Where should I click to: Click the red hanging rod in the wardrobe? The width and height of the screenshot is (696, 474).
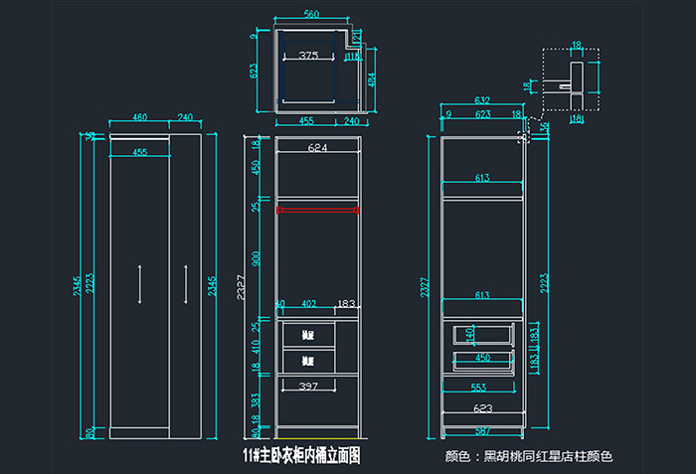(317, 210)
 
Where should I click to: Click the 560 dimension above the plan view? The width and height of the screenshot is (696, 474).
(311, 14)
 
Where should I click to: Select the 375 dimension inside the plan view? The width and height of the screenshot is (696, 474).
(308, 57)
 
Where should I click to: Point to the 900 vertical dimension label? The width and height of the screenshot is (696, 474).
(256, 258)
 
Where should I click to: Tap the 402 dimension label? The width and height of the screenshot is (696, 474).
(308, 304)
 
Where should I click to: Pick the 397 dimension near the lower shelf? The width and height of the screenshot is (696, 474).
(307, 385)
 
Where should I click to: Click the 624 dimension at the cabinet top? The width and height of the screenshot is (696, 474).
(317, 148)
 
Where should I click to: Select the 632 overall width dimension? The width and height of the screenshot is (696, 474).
(481, 100)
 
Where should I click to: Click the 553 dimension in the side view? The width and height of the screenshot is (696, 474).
(478, 387)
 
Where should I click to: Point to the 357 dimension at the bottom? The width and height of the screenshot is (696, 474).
(482, 430)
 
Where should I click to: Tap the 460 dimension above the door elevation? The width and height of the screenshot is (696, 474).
(139, 117)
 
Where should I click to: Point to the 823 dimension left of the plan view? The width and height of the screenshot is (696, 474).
(254, 71)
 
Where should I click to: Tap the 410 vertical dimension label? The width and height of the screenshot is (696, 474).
(256, 348)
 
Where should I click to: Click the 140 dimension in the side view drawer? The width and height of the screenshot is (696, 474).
(469, 334)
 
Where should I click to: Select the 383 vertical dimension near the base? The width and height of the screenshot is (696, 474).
(256, 400)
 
